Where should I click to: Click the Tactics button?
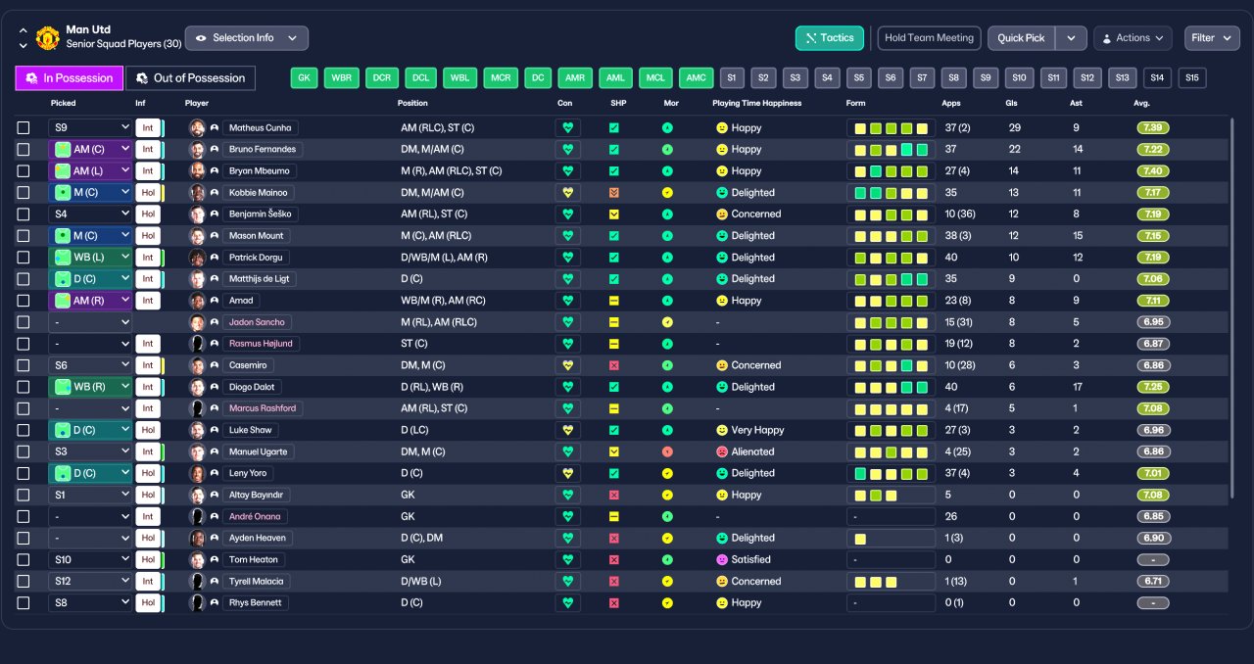coord(829,38)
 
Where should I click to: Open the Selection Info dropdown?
coord(246,38)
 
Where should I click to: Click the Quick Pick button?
coord(1021,38)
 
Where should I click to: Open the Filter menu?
coord(1212,38)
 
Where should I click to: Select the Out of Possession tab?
coord(190,77)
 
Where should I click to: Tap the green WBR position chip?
coord(342,77)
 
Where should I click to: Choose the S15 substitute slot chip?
coord(1192,77)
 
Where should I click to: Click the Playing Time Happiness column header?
coord(757,103)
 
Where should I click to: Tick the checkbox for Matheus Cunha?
coord(24,127)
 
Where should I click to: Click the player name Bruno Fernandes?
coord(262,150)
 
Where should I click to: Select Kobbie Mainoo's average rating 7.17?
coord(1153,193)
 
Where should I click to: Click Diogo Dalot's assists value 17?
coord(1077,387)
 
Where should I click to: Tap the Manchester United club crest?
coord(48,38)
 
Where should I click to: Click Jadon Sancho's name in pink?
coord(257,322)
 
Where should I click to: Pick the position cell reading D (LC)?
coord(414,430)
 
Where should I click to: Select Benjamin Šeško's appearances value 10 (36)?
coord(960,213)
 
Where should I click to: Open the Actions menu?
coord(1133,38)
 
